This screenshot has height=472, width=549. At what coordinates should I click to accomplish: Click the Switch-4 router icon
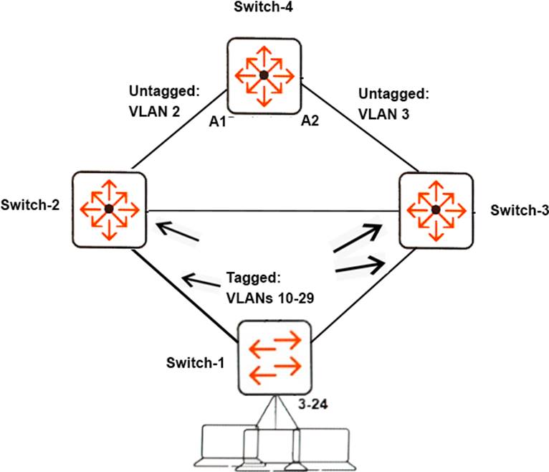[264, 75]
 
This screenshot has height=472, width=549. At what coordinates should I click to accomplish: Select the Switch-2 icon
[108, 208]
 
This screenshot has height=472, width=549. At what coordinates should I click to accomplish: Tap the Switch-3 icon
[435, 209]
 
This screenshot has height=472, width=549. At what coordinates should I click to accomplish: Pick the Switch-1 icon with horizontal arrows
[275, 358]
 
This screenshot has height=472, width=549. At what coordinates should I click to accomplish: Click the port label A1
[217, 121]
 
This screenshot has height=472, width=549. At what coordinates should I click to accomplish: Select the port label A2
[310, 121]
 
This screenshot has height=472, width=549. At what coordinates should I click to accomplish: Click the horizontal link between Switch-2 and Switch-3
[272, 211]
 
